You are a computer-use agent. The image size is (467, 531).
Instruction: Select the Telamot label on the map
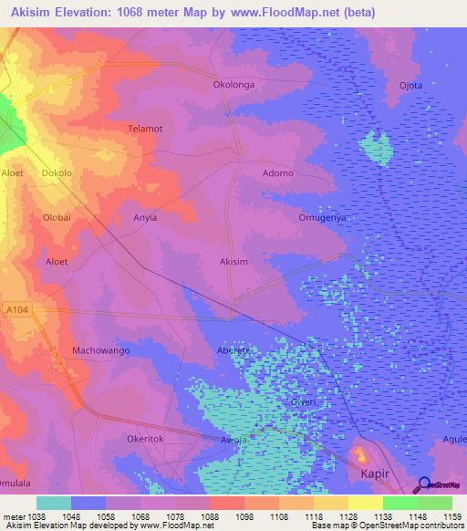coord(145,129)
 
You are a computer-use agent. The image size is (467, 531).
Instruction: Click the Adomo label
coord(278,173)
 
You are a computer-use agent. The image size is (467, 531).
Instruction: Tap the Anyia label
coord(146,218)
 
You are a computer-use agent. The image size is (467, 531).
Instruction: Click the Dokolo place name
coord(57,172)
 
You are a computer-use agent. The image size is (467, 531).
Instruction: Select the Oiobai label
coord(57,217)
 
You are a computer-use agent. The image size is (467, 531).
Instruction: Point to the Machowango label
coord(101,350)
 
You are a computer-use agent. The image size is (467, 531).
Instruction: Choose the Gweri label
coord(277,401)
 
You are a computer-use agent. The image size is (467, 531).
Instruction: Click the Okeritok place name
coord(145,439)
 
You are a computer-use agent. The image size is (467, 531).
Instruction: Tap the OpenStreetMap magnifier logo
coord(424,485)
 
